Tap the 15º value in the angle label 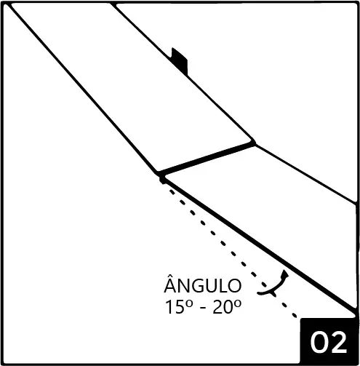(x=179, y=307)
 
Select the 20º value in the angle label (x=227, y=307)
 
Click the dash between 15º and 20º (x=204, y=309)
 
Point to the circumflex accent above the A (x=171, y=276)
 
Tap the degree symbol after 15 (x=190, y=304)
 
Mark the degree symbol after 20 (x=238, y=304)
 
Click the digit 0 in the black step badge (x=319, y=342)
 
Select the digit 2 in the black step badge (x=339, y=342)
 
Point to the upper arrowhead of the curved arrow (x=285, y=273)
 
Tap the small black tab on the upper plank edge (x=180, y=61)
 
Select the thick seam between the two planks (x=207, y=159)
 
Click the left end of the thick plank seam (x=159, y=174)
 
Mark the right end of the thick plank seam (x=254, y=143)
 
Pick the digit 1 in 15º (x=169, y=307)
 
